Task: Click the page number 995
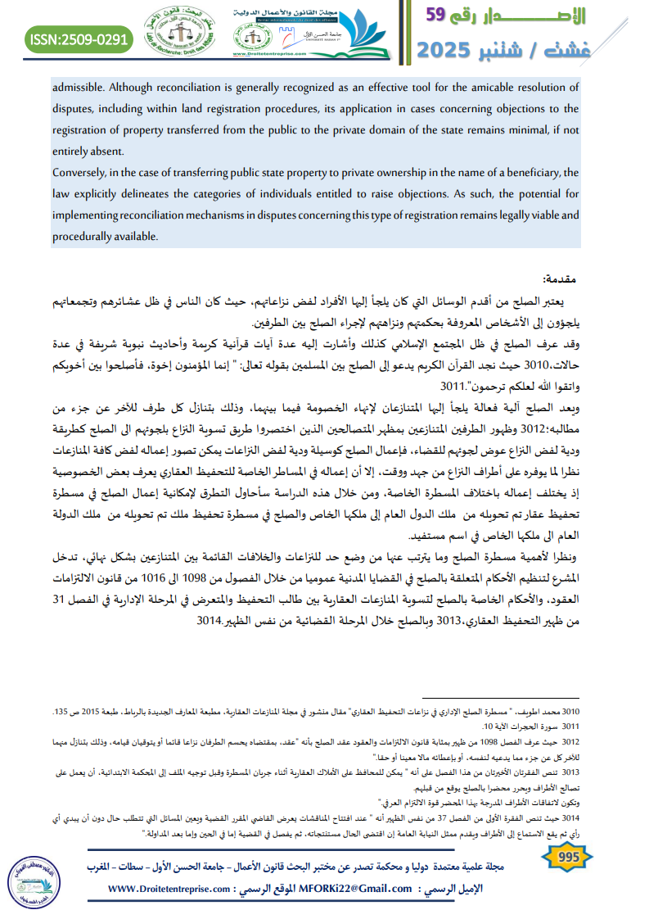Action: (566, 857)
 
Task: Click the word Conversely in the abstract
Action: (82, 172)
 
